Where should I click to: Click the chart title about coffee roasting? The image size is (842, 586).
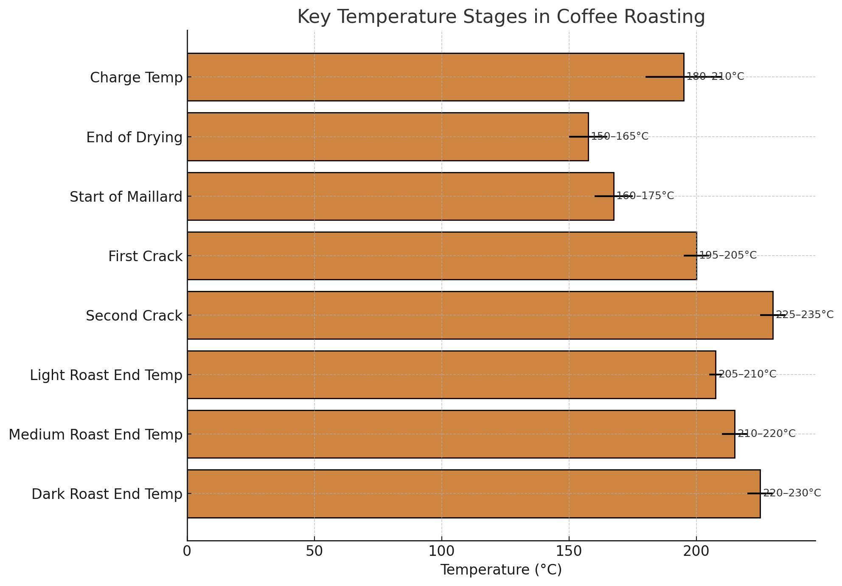pos(501,17)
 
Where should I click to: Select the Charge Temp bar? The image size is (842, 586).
pos(435,77)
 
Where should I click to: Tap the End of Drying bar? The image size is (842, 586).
pos(387,137)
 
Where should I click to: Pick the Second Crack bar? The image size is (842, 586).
pos(480,315)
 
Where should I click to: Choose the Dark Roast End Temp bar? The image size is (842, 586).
pos(473,493)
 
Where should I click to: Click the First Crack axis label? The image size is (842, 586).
pos(145,256)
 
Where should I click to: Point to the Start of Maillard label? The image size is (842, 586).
pos(126,197)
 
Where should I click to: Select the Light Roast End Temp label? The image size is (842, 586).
pos(106,375)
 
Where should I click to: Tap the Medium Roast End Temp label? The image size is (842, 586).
pos(95,435)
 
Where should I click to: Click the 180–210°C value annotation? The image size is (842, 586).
pos(715,77)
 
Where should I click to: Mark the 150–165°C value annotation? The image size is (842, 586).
pos(620,137)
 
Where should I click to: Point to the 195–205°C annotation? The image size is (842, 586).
pos(728,256)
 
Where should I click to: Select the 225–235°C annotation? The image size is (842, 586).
pos(805,315)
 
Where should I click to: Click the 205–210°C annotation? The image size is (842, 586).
pos(747,375)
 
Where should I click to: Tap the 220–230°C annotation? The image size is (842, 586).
pos(792,493)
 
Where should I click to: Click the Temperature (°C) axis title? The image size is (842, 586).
pos(501,570)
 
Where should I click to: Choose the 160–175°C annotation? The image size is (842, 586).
pos(645,196)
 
